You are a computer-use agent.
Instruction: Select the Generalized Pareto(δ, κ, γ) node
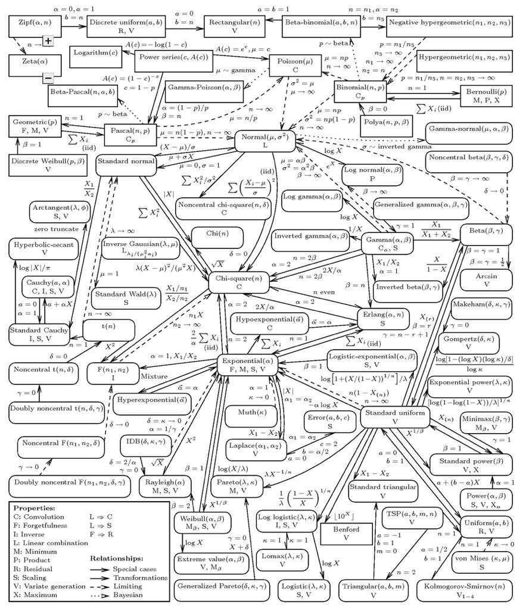[x=221, y=592]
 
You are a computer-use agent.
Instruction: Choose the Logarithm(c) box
[x=95, y=52]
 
